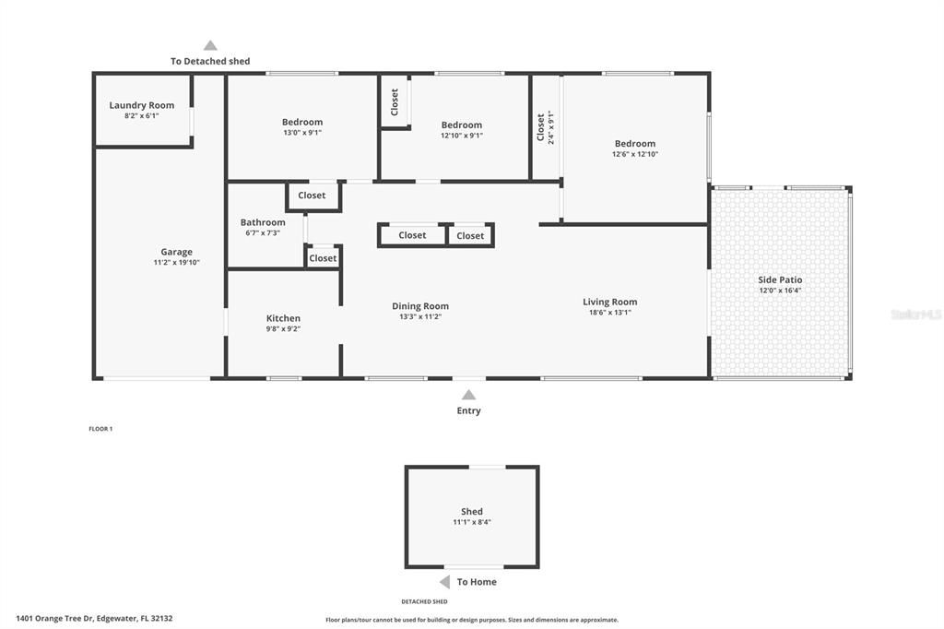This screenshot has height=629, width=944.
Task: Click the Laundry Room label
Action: click(x=141, y=105)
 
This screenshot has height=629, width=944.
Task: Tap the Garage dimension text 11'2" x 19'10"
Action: click(x=176, y=263)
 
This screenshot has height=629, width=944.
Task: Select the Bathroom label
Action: click(x=263, y=222)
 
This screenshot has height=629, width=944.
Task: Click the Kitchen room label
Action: click(x=283, y=318)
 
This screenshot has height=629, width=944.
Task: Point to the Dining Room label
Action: click(x=420, y=306)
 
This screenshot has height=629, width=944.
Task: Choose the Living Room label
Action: click(x=609, y=302)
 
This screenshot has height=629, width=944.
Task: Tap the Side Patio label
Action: click(x=780, y=279)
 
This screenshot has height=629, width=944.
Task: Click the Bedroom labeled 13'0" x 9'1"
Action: click(x=302, y=122)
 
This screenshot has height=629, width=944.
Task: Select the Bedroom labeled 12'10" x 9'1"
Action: click(x=461, y=125)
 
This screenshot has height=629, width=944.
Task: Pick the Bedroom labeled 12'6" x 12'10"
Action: click(x=635, y=143)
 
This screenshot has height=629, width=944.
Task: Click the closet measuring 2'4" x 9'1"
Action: click(x=545, y=127)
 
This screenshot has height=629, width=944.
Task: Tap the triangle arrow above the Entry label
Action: click(x=468, y=395)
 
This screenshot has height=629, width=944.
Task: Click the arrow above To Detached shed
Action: click(x=210, y=45)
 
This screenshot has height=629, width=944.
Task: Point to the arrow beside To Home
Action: click(x=444, y=582)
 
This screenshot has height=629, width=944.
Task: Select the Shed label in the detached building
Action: click(x=472, y=511)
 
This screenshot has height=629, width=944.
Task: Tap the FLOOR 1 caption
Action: click(x=100, y=429)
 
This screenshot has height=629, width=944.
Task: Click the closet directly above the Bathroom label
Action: click(x=312, y=196)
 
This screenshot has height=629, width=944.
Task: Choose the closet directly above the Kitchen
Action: click(x=323, y=258)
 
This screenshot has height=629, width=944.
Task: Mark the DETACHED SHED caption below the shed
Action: click(x=424, y=601)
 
